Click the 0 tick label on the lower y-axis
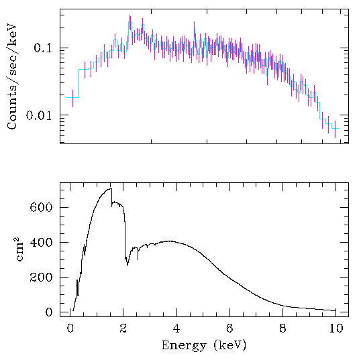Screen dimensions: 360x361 tap(48, 312)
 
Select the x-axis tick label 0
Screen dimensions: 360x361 tap(70, 328)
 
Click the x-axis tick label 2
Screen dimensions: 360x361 tap(123, 328)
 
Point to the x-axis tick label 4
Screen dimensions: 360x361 tap(176, 328)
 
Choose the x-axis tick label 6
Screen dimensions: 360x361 tap(229, 328)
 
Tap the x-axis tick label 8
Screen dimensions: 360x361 tap(282, 328)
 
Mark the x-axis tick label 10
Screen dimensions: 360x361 tap(336, 328)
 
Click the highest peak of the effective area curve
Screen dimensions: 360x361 tap(109, 189)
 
